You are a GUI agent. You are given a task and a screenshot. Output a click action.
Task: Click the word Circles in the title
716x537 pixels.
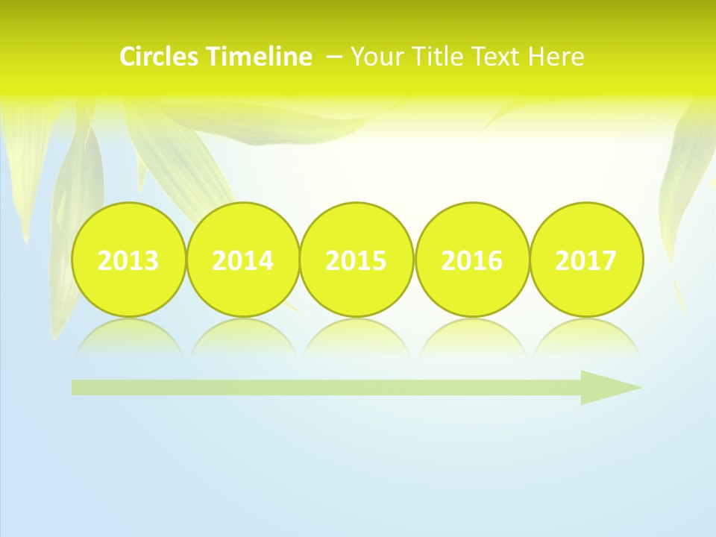(160, 57)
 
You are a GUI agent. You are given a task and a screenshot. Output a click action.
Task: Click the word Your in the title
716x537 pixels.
(374, 57)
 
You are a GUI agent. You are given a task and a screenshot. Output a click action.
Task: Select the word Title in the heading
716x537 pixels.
(432, 57)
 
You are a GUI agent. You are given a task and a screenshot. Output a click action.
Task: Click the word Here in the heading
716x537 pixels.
(556, 57)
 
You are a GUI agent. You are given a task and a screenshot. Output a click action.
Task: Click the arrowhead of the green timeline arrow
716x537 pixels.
(608, 387)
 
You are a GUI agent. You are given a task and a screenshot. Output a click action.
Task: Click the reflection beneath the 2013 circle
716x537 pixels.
(128, 337)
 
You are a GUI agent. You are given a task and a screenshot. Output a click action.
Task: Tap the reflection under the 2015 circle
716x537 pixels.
(357, 337)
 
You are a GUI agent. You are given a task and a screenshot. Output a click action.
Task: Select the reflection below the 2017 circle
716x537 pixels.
(586, 337)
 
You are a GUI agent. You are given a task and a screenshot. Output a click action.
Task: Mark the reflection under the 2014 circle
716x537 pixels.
(243, 337)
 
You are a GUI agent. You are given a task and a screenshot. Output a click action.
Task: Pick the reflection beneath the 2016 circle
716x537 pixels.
(472, 337)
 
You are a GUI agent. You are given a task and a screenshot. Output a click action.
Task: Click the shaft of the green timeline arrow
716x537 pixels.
(321, 387)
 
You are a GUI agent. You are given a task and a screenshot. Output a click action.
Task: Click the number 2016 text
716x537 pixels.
(472, 261)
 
